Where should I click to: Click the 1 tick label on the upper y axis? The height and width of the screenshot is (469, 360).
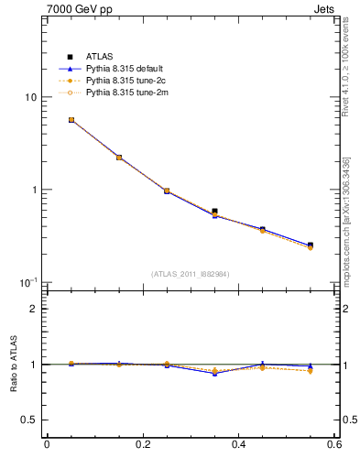click(33, 190)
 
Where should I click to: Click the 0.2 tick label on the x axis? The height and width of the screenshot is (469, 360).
click(142, 445)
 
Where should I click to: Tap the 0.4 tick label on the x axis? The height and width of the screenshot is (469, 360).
click(239, 445)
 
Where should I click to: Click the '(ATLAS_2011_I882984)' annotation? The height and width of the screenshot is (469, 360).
click(191, 274)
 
